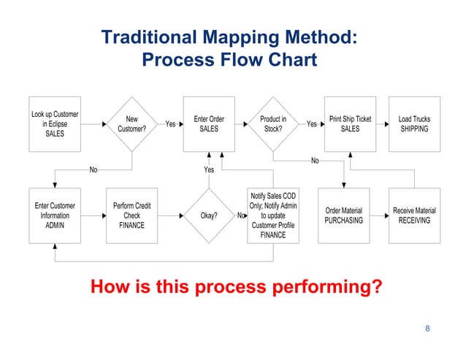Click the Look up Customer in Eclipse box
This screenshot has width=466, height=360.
point(55,124)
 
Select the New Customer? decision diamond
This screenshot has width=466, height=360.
point(131,124)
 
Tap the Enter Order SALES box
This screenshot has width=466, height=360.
point(209,124)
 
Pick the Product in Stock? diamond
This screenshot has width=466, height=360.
point(273,124)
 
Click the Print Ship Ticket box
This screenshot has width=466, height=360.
point(350,124)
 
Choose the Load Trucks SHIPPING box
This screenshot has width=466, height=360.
point(414,124)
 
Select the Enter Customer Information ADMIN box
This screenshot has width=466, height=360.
point(55,215)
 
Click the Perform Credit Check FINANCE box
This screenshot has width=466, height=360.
point(131,215)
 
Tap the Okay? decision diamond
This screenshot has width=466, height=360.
point(209,215)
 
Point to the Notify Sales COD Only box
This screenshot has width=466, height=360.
point(273,215)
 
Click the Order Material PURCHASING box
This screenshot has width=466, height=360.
point(343,215)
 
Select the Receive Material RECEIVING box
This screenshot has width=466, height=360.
point(414,215)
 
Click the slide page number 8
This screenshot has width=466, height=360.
point(427,329)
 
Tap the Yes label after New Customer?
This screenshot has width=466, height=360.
point(170,124)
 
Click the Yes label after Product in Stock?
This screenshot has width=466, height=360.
point(311,124)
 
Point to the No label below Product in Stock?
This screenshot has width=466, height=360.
point(315,161)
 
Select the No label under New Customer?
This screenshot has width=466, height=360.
point(93,169)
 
